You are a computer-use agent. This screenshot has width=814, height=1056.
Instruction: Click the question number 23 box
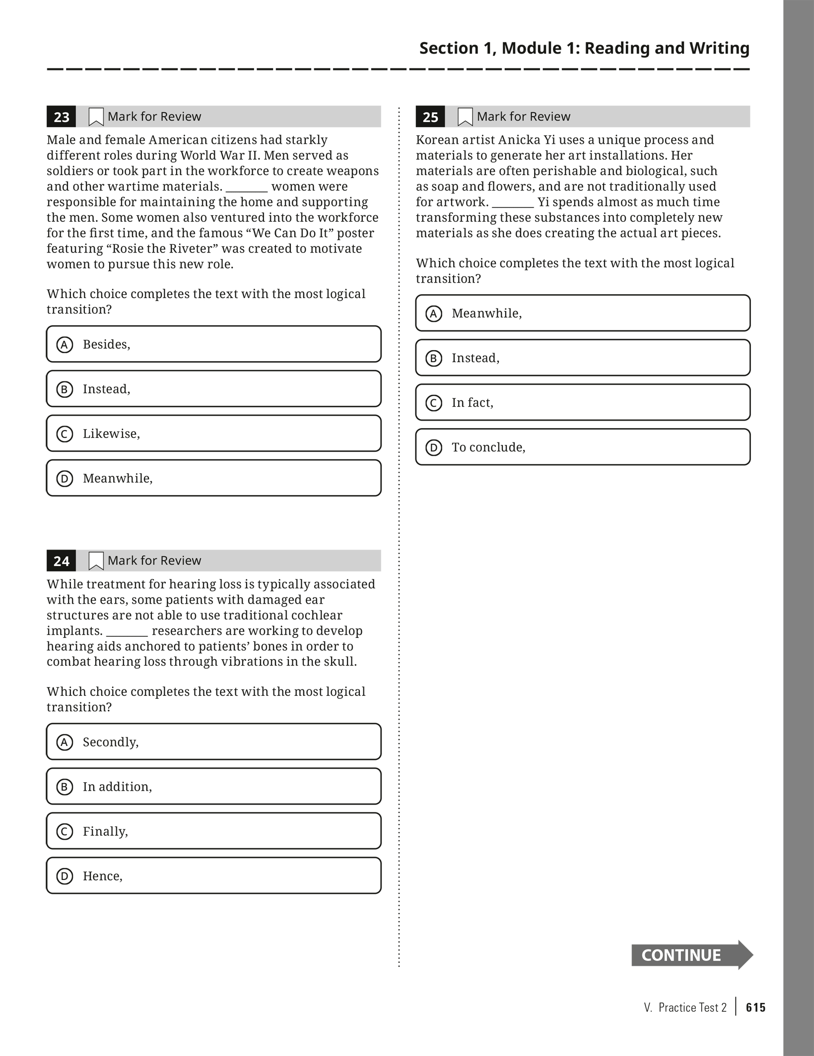(x=61, y=117)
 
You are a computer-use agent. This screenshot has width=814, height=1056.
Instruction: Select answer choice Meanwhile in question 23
(x=213, y=478)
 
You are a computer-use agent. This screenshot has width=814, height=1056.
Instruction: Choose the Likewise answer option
(x=213, y=434)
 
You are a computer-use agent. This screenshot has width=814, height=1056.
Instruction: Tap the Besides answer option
(x=213, y=344)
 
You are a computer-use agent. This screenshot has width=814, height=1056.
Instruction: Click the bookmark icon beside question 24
(x=96, y=561)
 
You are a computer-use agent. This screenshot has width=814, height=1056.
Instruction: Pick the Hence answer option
(x=213, y=876)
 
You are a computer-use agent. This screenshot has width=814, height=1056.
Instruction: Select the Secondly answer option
(x=213, y=742)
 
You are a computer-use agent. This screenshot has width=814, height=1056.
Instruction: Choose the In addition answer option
(x=213, y=787)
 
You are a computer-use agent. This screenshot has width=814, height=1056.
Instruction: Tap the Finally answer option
(x=213, y=831)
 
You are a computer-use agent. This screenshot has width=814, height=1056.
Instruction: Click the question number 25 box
(x=430, y=117)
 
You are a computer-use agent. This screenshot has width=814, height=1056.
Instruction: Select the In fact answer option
(x=583, y=403)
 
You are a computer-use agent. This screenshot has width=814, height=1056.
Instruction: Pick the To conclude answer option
(x=583, y=447)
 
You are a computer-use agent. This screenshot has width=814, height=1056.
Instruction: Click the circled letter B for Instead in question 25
(x=434, y=358)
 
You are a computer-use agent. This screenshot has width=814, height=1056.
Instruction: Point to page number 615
(x=755, y=1007)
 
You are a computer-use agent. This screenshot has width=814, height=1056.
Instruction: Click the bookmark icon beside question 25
(x=465, y=117)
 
